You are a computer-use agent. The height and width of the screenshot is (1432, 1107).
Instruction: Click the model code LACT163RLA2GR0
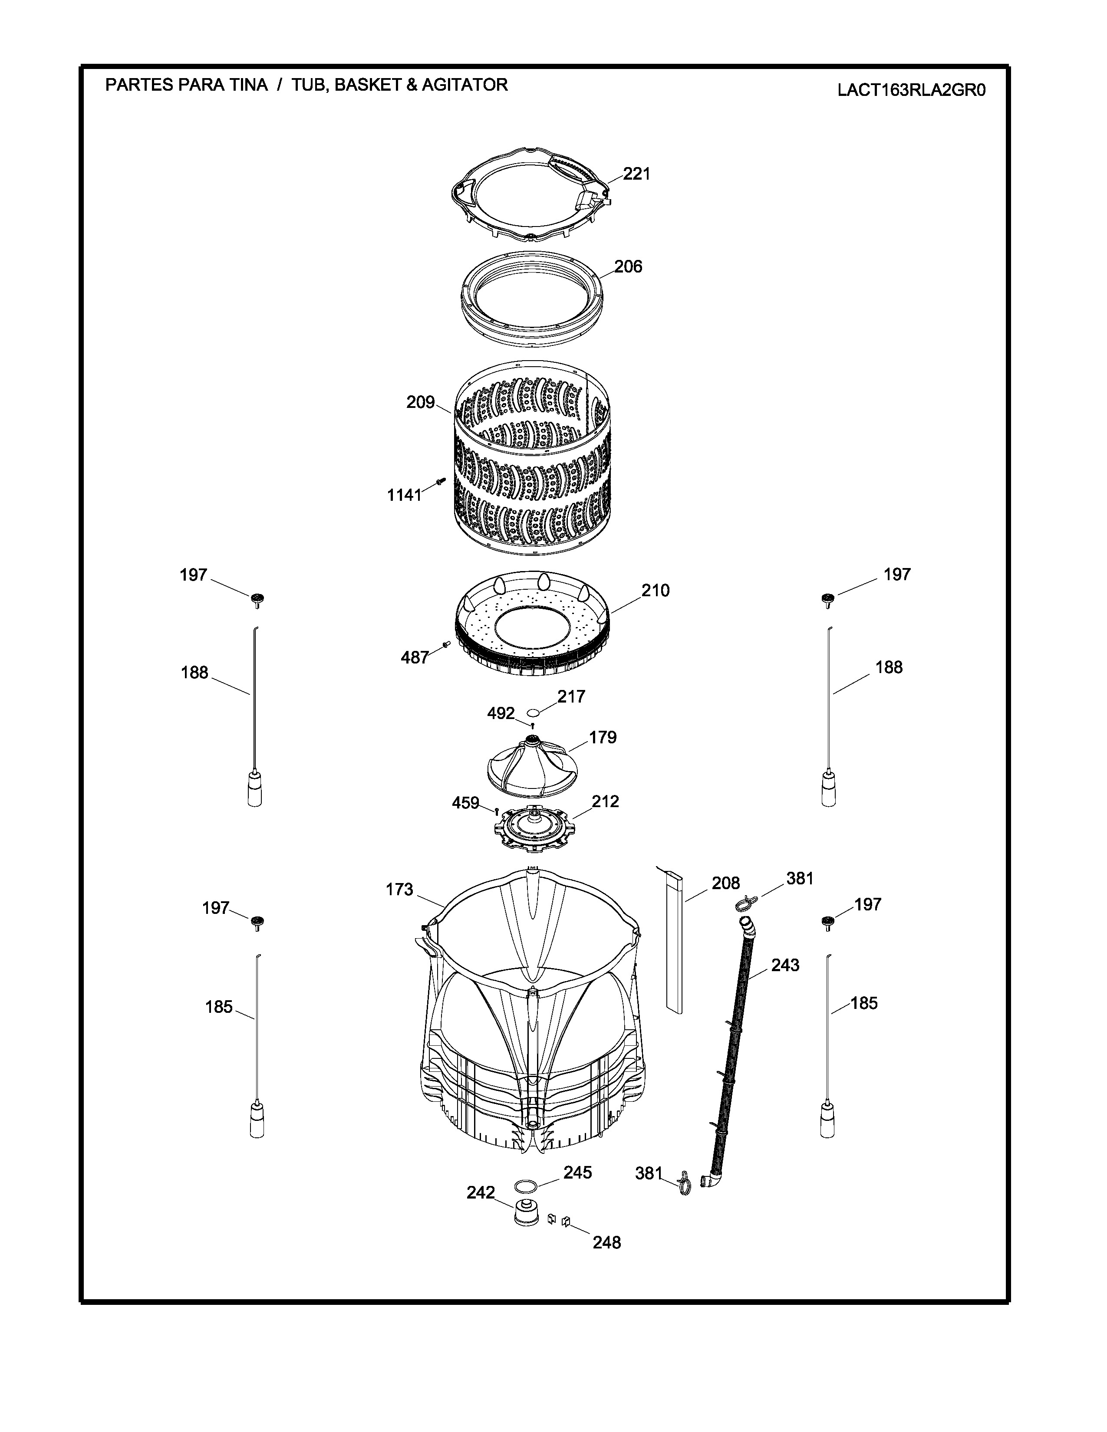point(912,90)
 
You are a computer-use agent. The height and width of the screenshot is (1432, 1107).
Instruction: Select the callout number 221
point(636,174)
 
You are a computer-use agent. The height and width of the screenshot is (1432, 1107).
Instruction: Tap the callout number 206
point(628,267)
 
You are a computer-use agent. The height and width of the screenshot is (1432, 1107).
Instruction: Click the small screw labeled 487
point(446,645)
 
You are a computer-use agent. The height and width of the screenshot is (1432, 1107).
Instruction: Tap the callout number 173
point(399,890)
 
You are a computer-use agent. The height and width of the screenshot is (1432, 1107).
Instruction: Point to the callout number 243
point(785,965)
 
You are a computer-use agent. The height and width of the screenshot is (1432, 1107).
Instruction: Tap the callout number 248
point(606,1242)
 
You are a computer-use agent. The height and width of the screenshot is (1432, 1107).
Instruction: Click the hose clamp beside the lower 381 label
point(683,1182)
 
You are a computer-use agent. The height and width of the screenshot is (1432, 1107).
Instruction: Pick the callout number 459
point(466,802)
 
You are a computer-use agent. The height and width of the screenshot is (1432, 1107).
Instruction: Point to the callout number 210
point(655,591)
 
